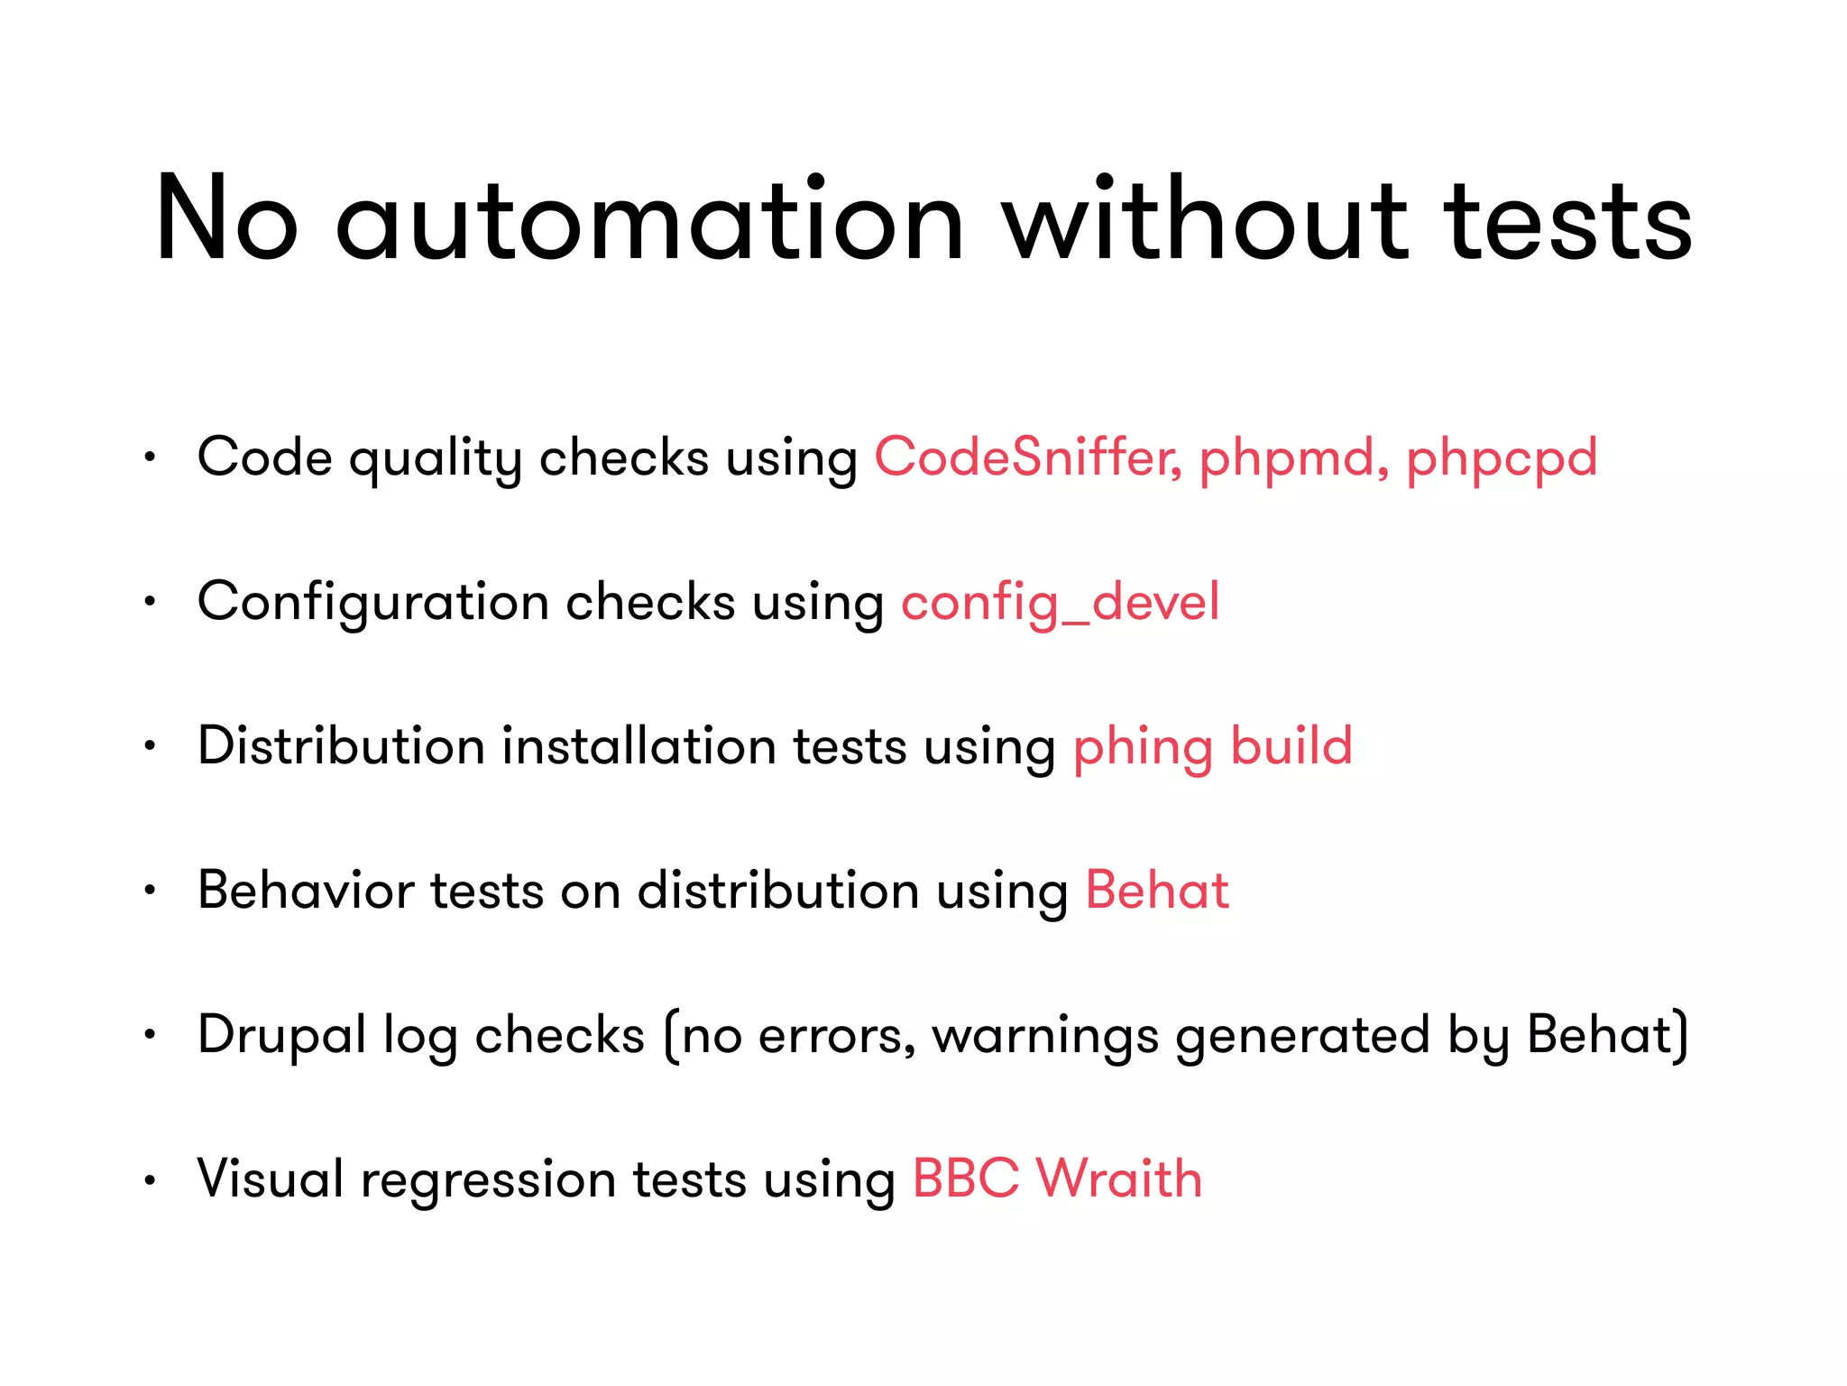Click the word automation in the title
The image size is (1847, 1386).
click(x=649, y=221)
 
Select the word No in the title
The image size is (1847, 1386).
click(x=226, y=221)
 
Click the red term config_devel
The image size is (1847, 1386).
click(x=1061, y=603)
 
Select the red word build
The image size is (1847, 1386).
click(x=1291, y=745)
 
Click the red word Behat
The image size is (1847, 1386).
click(x=1157, y=890)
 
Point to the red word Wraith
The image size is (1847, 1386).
click(x=1119, y=1178)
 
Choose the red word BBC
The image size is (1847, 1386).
click(x=966, y=1178)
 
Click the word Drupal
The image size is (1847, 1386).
click(x=281, y=1036)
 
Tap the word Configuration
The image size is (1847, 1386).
click(x=373, y=603)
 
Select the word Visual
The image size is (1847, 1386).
click(x=271, y=1178)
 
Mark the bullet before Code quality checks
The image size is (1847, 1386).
click(x=151, y=457)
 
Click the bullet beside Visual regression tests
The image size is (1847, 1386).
click(x=151, y=1178)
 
